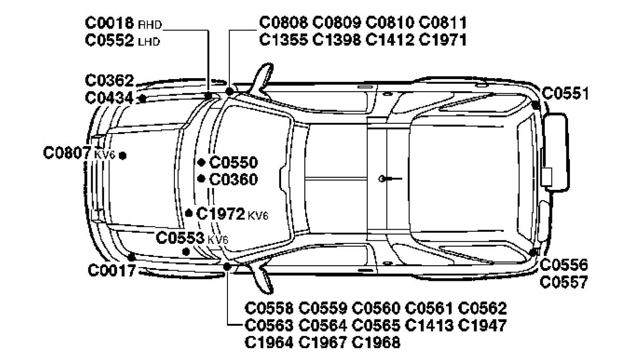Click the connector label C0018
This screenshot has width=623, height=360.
(x=109, y=23)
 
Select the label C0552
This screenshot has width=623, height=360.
(x=109, y=42)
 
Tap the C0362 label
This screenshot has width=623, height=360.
(x=109, y=81)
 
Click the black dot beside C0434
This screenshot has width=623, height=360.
(x=143, y=98)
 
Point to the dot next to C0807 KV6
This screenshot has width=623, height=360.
(x=123, y=155)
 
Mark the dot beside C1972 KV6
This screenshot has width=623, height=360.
(x=189, y=213)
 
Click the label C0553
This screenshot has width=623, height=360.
(x=180, y=238)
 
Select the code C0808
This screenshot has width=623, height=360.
(x=283, y=22)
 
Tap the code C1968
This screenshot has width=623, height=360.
(x=376, y=343)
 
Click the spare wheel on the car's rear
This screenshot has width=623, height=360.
(x=557, y=152)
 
